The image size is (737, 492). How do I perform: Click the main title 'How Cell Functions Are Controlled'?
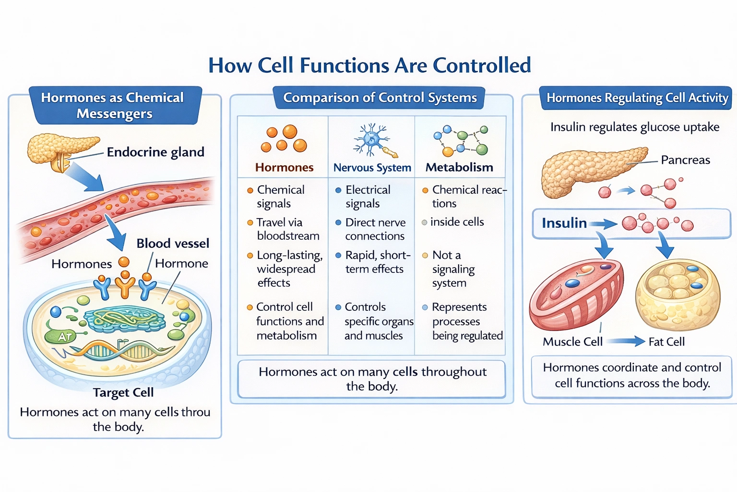369,65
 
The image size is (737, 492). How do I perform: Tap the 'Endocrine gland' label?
155,152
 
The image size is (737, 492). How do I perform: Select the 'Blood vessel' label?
173,244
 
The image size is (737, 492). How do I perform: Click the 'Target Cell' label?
123,393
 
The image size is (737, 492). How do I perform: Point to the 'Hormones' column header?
284,168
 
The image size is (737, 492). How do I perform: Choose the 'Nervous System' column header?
372,168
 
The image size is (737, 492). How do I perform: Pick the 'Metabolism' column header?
459,168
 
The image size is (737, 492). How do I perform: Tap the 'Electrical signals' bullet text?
368,197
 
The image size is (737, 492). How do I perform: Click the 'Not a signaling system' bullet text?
453,269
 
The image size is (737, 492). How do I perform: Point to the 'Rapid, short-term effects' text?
377,262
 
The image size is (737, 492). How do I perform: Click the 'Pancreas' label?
685,160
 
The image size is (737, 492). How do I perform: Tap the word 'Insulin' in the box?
564,223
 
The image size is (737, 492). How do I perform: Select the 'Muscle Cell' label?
572,342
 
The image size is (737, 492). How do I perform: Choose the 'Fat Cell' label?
666,342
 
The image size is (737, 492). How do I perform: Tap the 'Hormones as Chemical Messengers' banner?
114,105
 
